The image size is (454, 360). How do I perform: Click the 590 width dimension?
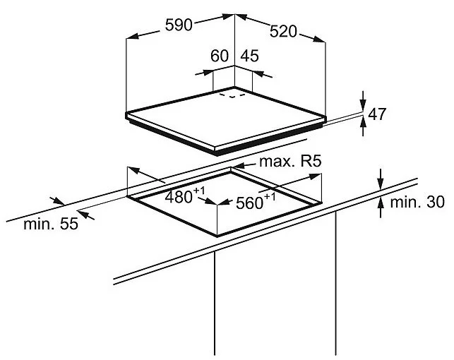(x=179, y=25)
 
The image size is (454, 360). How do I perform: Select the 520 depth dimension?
(x=283, y=31)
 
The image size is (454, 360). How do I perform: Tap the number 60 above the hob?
(x=220, y=56)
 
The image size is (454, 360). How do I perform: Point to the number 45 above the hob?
(x=250, y=56)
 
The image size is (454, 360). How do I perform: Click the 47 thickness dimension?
(x=377, y=114)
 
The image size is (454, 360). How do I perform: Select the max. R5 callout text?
(x=290, y=161)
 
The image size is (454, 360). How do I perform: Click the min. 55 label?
(x=51, y=224)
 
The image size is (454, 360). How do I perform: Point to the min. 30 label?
(x=417, y=202)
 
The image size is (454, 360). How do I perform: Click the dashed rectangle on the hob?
(x=232, y=95)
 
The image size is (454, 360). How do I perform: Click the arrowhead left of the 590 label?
(x=133, y=36)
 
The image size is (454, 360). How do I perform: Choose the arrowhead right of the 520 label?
(x=319, y=39)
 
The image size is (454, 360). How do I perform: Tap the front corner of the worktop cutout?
(x=217, y=236)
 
